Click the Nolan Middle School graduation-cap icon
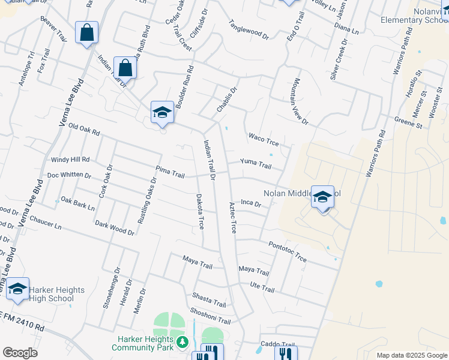(322, 196)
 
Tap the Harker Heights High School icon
(17, 289)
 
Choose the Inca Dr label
(251, 204)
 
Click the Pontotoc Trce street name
(288, 251)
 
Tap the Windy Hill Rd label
(70, 160)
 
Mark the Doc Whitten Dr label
(69, 176)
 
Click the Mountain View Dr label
(300, 103)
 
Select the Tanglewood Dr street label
(249, 29)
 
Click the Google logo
(20, 352)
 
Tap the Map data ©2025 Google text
(411, 355)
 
